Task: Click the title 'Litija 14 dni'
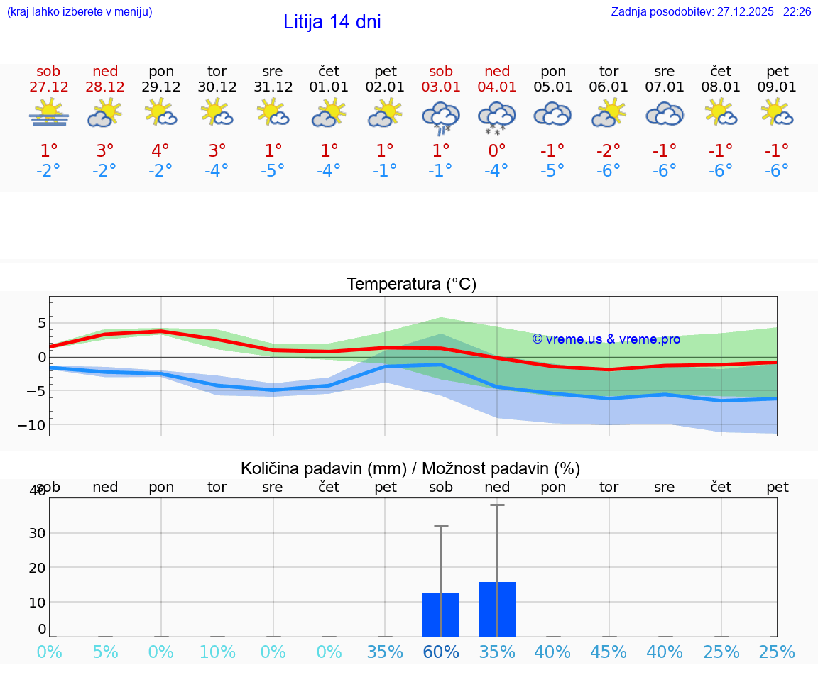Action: click(332, 22)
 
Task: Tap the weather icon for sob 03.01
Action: click(441, 117)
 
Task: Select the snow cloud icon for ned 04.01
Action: click(497, 117)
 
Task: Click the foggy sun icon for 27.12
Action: click(49, 114)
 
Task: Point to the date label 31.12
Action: click(273, 87)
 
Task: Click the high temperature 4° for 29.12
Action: click(160, 150)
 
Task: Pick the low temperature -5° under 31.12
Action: click(273, 171)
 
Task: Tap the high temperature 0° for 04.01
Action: click(497, 150)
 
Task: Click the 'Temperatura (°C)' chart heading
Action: click(411, 284)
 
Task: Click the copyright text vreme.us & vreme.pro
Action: click(606, 339)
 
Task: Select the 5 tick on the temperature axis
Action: click(41, 324)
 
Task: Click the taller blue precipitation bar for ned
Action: click(497, 609)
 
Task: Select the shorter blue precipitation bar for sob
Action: click(441, 615)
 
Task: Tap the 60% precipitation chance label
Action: click(441, 652)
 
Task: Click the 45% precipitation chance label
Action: click(609, 652)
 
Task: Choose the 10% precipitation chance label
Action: click(217, 652)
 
